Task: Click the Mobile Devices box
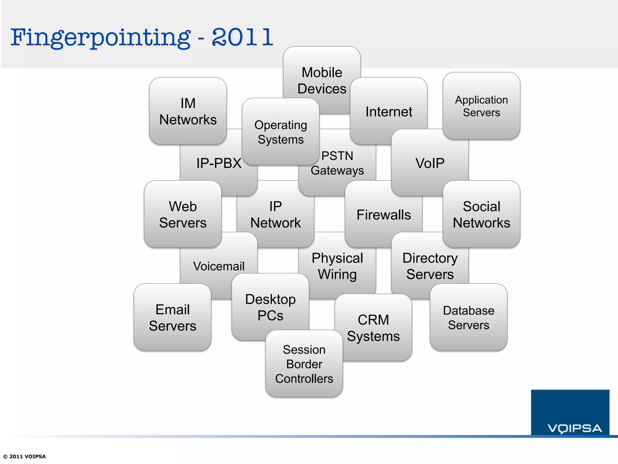(322, 80)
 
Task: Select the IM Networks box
(188, 111)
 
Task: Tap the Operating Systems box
(281, 132)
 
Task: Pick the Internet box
(389, 111)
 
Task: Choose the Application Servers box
(481, 106)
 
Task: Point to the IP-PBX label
(219, 163)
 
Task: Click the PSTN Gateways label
(337, 163)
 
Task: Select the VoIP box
(430, 163)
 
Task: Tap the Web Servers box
(183, 214)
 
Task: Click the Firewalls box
(384, 215)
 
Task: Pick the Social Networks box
(481, 214)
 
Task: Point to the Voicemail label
(219, 266)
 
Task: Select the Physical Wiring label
(337, 266)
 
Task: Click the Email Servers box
(172, 317)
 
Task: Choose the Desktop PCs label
(270, 307)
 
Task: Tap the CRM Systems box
(373, 328)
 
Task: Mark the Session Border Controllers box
(304, 364)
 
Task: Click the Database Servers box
(468, 317)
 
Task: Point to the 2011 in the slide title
(242, 37)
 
